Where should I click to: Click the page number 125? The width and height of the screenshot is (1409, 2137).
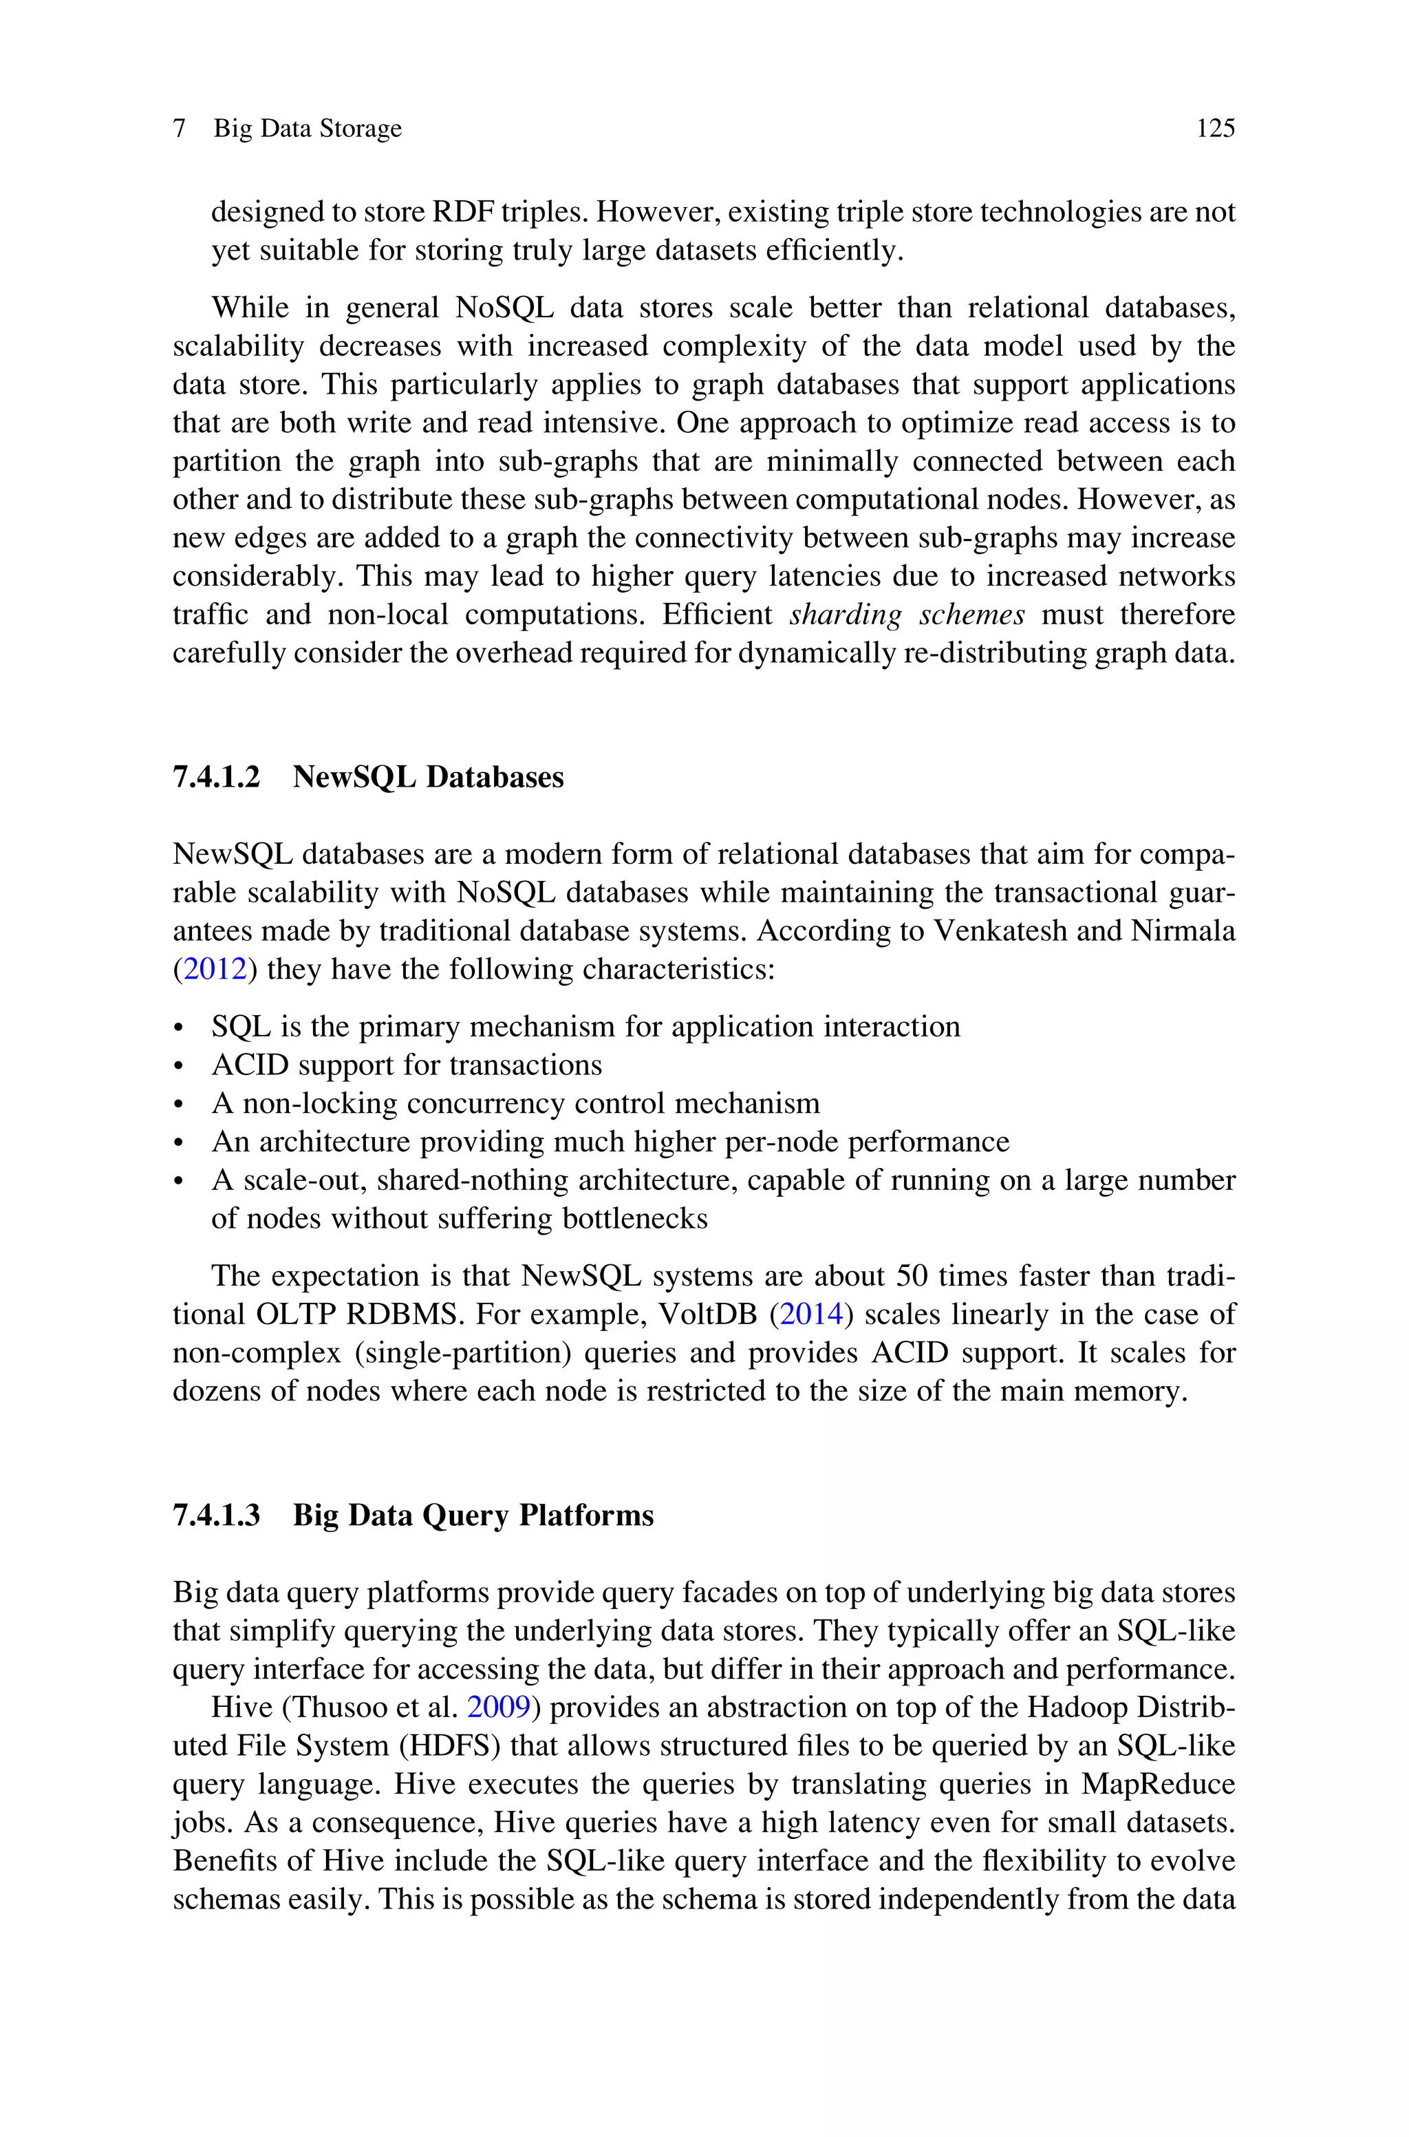point(1215,129)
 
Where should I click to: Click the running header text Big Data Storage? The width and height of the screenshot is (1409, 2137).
point(308,129)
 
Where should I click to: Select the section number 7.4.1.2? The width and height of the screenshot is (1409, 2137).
point(215,776)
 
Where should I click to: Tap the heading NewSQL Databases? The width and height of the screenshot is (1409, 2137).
point(428,776)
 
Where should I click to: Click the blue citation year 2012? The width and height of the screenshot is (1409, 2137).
point(215,969)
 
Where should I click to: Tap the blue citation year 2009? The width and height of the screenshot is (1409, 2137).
point(499,1707)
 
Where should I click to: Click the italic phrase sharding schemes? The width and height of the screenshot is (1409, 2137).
point(907,615)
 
